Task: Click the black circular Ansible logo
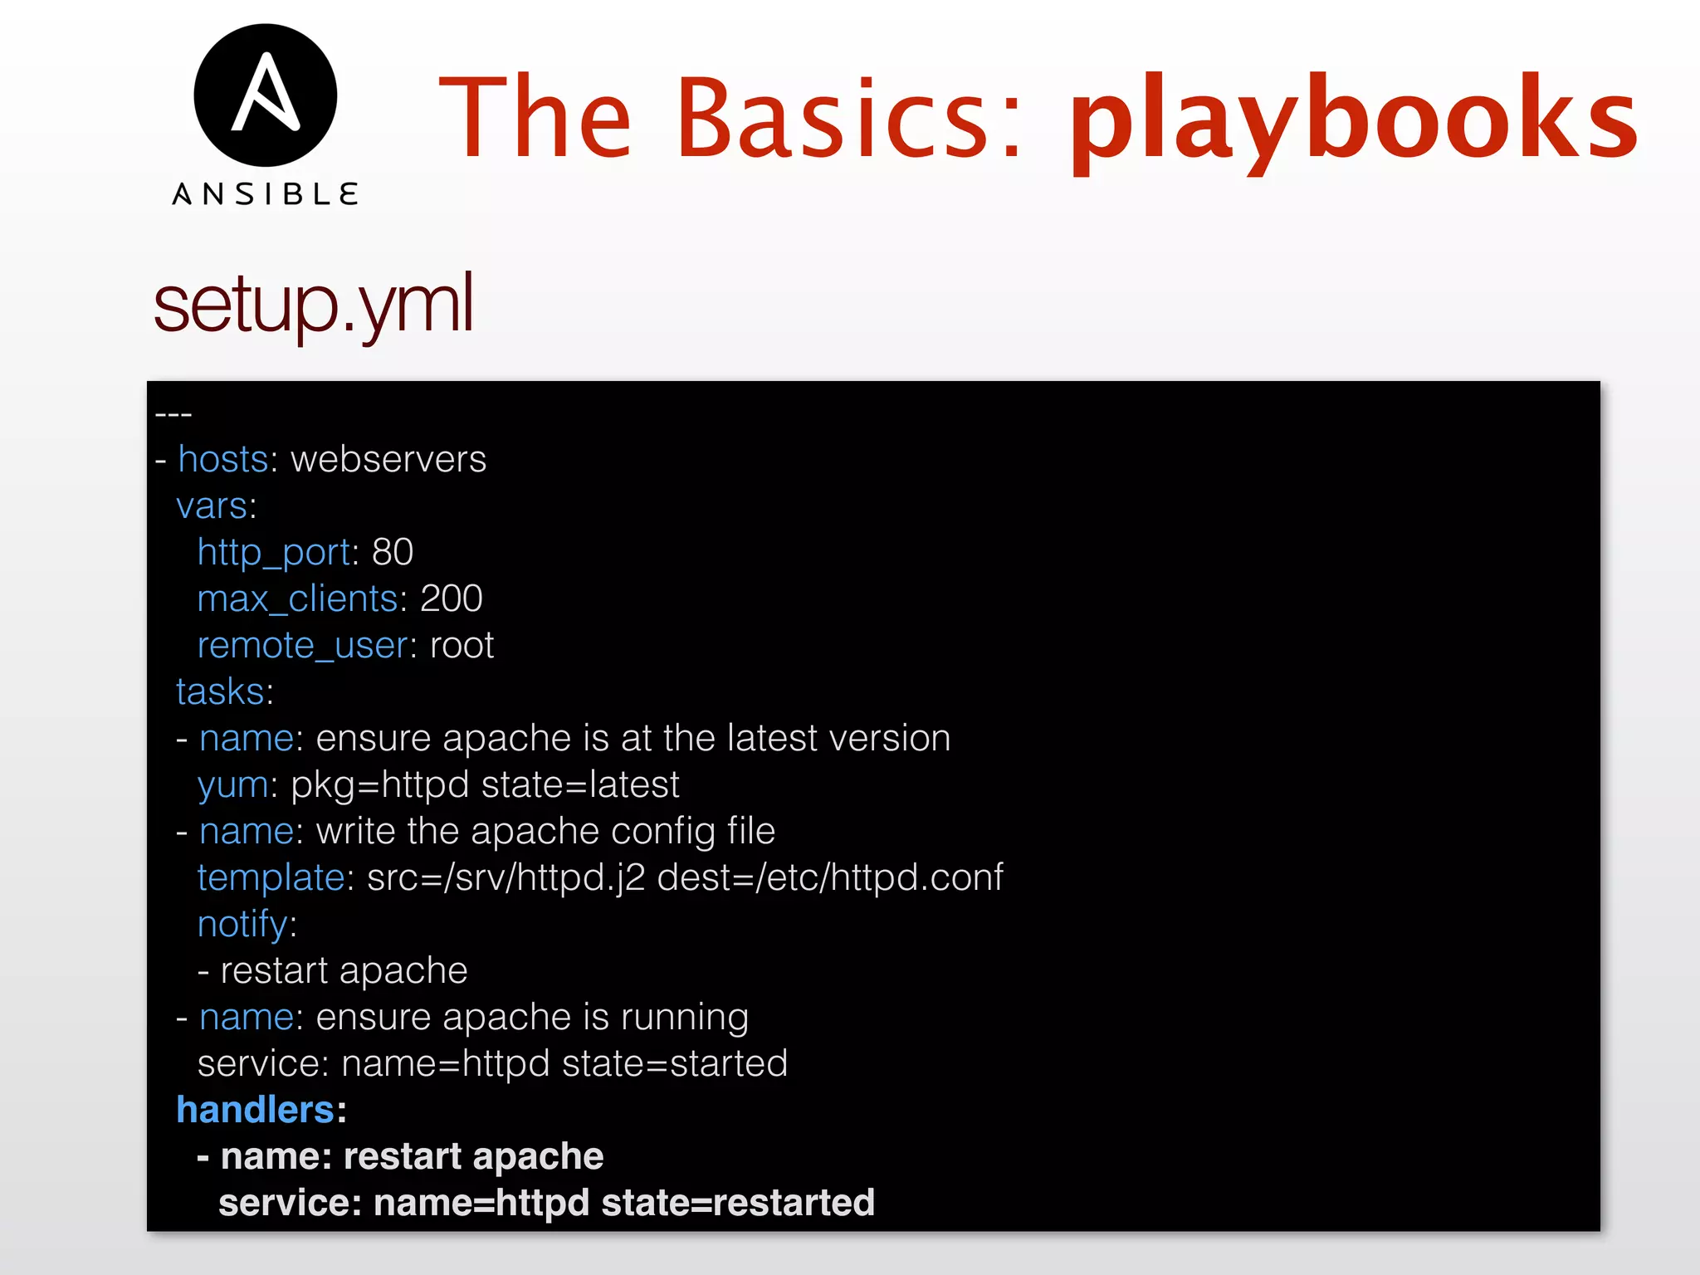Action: pyautogui.click(x=265, y=95)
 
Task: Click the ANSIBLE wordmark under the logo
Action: pyautogui.click(x=265, y=194)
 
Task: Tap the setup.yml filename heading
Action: pyautogui.click(x=314, y=304)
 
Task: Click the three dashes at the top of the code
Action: pyautogui.click(x=173, y=413)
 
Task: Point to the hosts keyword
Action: pyautogui.click(x=222, y=459)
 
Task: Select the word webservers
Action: pyautogui.click(x=388, y=459)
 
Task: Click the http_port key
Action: pyautogui.click(x=274, y=553)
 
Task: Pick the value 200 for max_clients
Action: pyautogui.click(x=452, y=598)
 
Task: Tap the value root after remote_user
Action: pyautogui.click(x=462, y=645)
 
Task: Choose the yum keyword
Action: pyautogui.click(x=232, y=785)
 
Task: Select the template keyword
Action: pyautogui.click(x=271, y=877)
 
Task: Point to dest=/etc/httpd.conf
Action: pyautogui.click(x=830, y=877)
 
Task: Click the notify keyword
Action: pyautogui.click(x=242, y=924)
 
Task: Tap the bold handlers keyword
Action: pyautogui.click(x=255, y=1110)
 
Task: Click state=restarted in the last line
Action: pyautogui.click(x=738, y=1203)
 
